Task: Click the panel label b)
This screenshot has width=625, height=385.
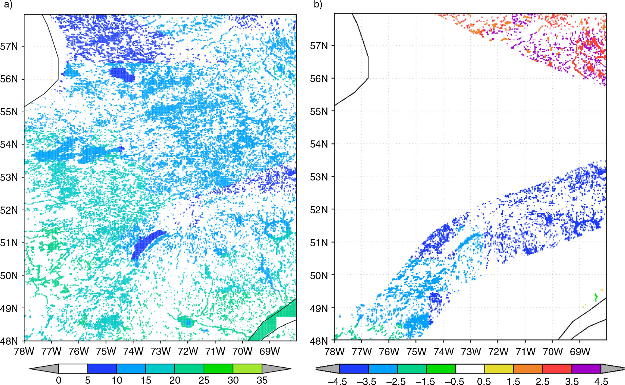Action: (x=318, y=5)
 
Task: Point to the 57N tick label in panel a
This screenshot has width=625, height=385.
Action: (x=9, y=46)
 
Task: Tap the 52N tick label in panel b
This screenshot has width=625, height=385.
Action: (x=319, y=210)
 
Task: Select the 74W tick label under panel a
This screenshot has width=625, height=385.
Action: (x=133, y=351)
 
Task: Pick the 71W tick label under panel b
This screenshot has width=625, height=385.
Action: (x=525, y=351)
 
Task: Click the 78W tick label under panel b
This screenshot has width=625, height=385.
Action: (x=335, y=351)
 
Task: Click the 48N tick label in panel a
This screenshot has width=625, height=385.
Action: (x=9, y=341)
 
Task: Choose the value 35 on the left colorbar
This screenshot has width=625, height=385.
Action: (x=262, y=380)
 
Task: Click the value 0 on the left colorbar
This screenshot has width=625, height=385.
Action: (x=59, y=380)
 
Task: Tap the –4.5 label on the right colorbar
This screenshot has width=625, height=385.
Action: (x=337, y=381)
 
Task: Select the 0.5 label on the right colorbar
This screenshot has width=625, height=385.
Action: (x=484, y=381)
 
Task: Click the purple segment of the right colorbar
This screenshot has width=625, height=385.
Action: (x=586, y=369)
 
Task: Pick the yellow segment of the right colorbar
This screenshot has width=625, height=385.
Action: (x=499, y=369)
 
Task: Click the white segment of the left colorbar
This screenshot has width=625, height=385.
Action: (x=73, y=369)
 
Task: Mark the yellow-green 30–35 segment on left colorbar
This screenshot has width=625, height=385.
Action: (x=247, y=369)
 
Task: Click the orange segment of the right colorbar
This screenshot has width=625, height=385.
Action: (x=528, y=369)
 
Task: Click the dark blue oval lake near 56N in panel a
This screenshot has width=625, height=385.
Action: (x=122, y=74)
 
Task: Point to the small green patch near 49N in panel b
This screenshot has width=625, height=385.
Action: (x=596, y=297)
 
